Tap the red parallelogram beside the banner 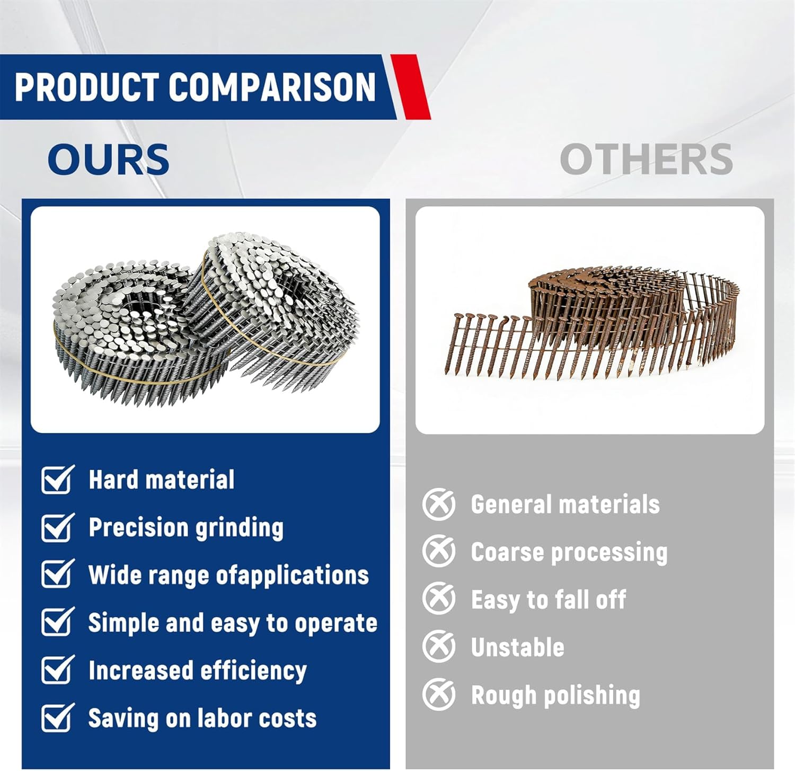pos(411,87)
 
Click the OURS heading pos(108,159)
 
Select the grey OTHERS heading pos(646,159)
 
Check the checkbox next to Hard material pos(57,480)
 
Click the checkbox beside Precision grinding pos(57,527)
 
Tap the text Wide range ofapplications pos(228,575)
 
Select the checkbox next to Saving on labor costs pos(57,718)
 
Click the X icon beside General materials pos(439,504)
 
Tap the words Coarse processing pos(569,553)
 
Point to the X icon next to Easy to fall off pos(439,599)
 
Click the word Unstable pos(517,648)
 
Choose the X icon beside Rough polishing pos(439,695)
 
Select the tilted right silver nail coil pos(281,307)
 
